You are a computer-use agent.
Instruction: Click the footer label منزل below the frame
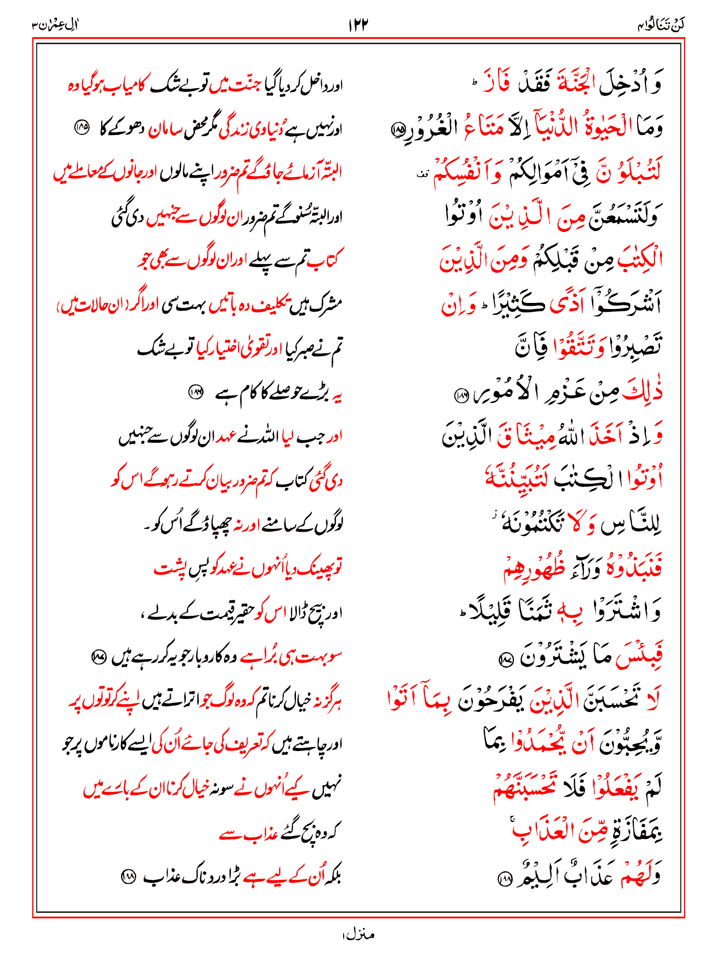tap(358, 935)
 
